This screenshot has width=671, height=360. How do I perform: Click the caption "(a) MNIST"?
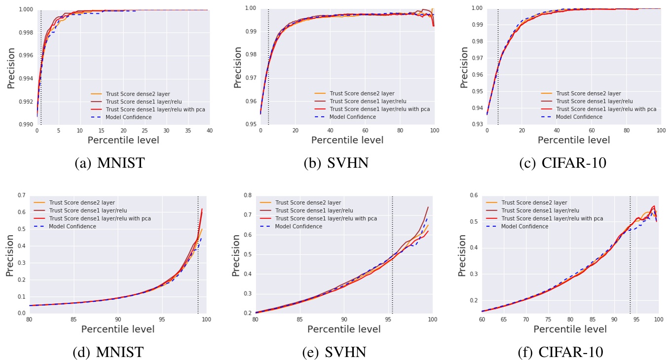point(110,163)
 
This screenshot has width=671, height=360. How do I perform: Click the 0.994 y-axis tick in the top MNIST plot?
point(24,78)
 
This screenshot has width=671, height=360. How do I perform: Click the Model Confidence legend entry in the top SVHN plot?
point(352,117)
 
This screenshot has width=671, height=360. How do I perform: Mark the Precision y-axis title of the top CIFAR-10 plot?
point(464,67)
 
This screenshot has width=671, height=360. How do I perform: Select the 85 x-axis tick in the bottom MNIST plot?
point(74,319)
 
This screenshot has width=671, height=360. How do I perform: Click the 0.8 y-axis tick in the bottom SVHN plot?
point(246,195)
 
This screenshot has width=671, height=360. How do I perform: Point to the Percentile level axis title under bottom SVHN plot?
point(344,329)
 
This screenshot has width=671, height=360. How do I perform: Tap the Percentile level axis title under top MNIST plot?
point(123,140)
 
